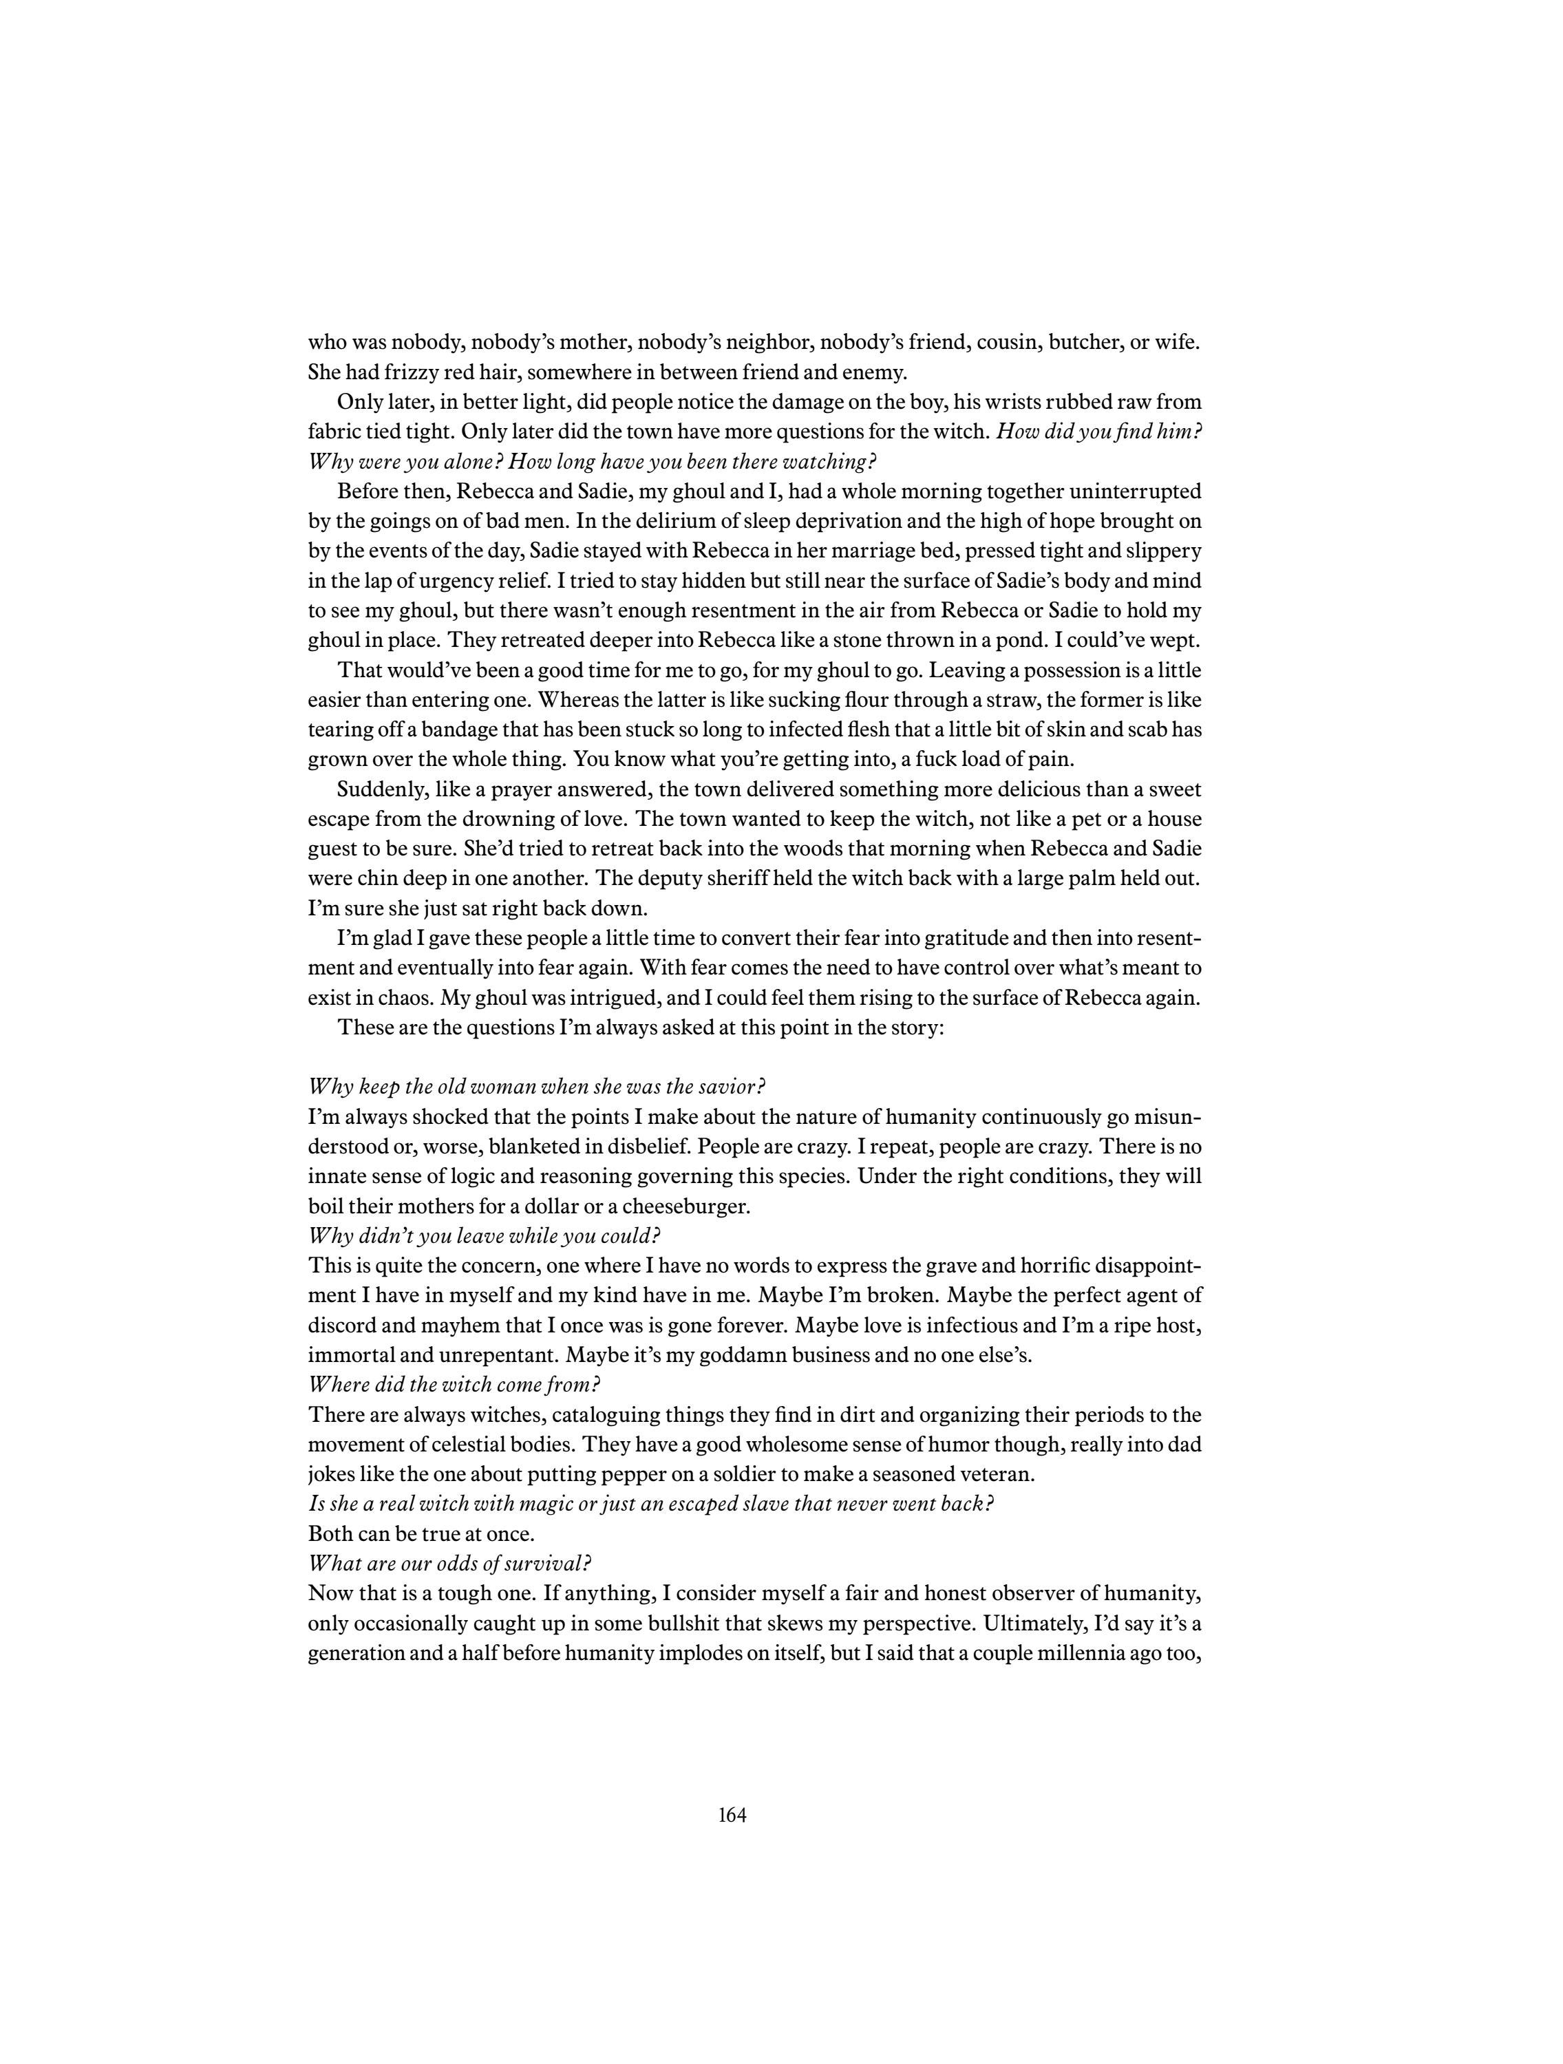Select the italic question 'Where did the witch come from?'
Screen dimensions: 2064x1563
point(454,1385)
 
